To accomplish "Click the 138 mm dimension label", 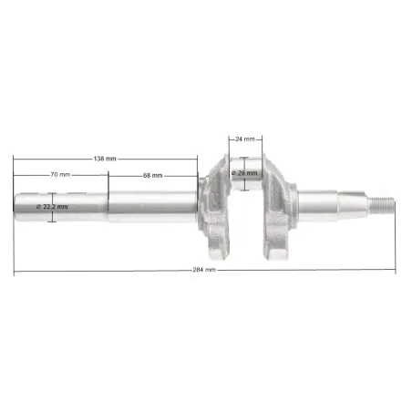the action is click(105, 159).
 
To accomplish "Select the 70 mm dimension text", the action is click(60, 174).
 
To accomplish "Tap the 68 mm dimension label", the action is click(153, 175).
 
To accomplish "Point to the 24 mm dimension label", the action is click(245, 139).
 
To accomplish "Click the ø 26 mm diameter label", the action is click(244, 173).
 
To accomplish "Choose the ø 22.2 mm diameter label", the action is click(52, 207).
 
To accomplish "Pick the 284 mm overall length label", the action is click(204, 270).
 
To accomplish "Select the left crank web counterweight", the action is click(215, 207).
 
